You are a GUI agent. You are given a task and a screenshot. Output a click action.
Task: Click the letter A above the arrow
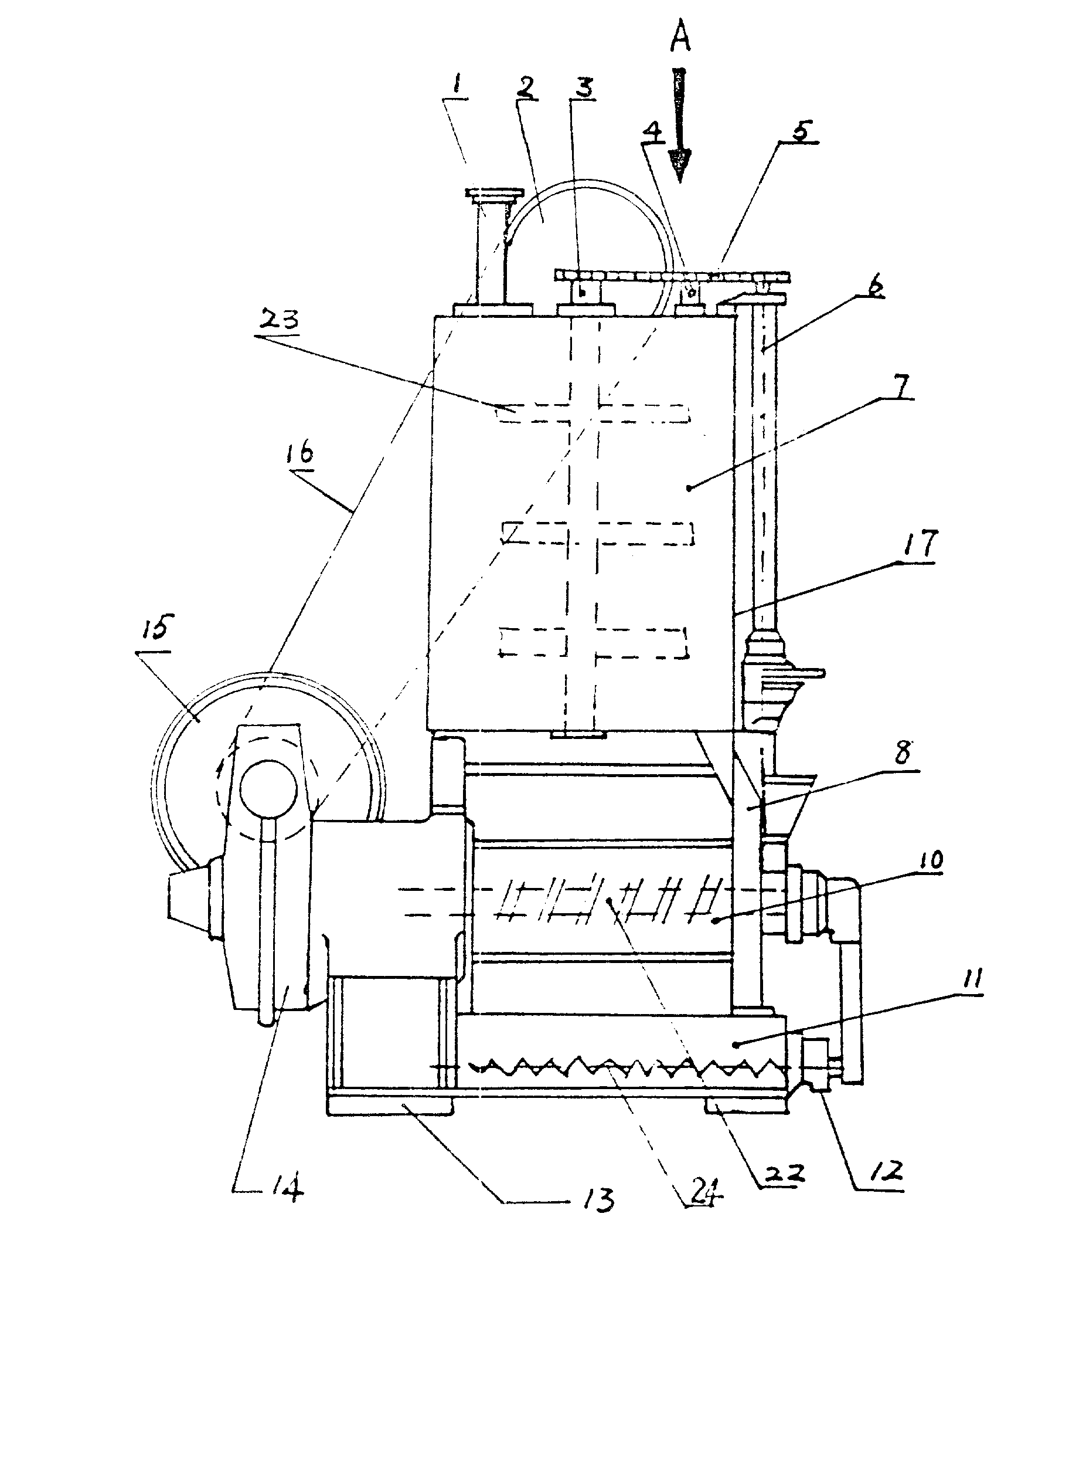(680, 38)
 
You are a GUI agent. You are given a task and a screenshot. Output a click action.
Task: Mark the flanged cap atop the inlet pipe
(495, 194)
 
